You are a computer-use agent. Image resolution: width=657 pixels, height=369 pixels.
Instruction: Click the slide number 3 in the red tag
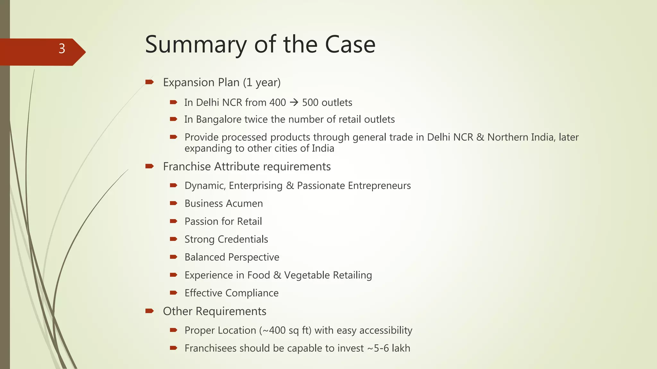tap(62, 49)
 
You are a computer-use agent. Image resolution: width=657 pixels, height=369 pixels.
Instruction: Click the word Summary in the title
tap(196, 45)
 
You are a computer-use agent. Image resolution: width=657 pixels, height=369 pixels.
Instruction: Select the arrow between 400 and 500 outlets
tap(294, 102)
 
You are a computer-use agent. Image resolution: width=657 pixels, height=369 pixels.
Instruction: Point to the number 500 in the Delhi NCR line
tap(310, 102)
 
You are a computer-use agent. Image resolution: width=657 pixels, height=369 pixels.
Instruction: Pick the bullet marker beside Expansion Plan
tap(149, 82)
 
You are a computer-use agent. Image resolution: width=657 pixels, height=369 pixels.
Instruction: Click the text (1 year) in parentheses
tap(261, 83)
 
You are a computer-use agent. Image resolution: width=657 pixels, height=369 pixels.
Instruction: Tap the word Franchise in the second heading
tap(187, 167)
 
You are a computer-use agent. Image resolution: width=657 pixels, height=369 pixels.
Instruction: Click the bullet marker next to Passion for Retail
tap(174, 221)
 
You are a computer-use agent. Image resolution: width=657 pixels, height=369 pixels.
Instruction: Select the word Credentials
tap(243, 239)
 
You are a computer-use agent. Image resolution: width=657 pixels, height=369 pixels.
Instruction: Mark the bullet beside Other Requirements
tap(149, 311)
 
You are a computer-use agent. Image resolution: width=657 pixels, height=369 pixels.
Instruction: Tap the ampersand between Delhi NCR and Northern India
tap(480, 137)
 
